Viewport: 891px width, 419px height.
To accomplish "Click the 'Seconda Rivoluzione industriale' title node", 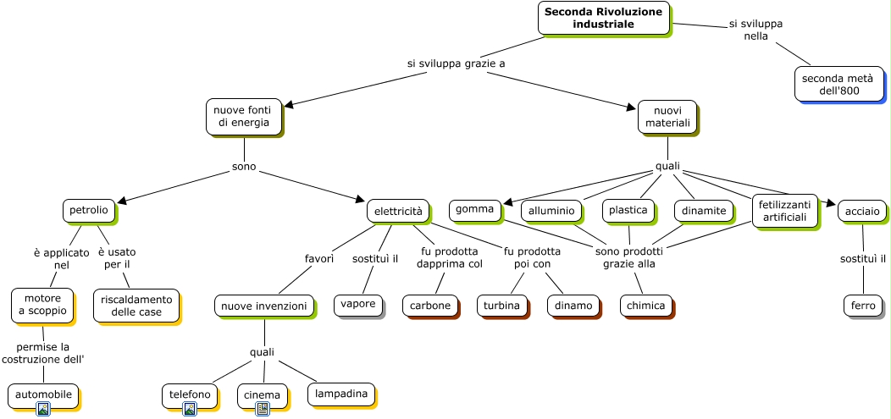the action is tap(604, 18).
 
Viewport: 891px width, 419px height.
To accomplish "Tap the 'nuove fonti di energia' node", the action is tap(244, 117).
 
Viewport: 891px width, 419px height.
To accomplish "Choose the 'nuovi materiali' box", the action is tap(667, 117).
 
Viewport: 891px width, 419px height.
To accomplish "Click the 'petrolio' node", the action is tap(89, 211).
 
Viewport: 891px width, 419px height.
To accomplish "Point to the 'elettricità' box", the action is tap(398, 212).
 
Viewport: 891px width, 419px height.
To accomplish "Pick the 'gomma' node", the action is tap(476, 210).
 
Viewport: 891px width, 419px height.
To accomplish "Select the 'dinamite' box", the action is tap(704, 211).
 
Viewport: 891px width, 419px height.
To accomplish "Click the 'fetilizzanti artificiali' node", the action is tap(785, 212).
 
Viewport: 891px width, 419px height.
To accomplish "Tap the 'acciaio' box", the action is tap(862, 212).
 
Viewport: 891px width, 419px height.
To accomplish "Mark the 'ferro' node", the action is tap(863, 306).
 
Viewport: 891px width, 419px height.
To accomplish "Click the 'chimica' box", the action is tap(645, 306).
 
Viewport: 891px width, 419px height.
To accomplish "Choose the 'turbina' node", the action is tap(501, 306).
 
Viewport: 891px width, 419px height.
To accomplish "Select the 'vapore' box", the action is tap(358, 305).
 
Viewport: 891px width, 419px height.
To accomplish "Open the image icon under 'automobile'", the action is tap(43, 409).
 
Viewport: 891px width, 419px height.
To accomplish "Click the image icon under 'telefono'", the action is tap(190, 409).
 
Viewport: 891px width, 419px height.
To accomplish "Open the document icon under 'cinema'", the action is tap(263, 409).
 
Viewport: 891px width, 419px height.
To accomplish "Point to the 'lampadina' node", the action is tap(341, 394).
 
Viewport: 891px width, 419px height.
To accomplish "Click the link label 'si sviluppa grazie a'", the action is tap(457, 63).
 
